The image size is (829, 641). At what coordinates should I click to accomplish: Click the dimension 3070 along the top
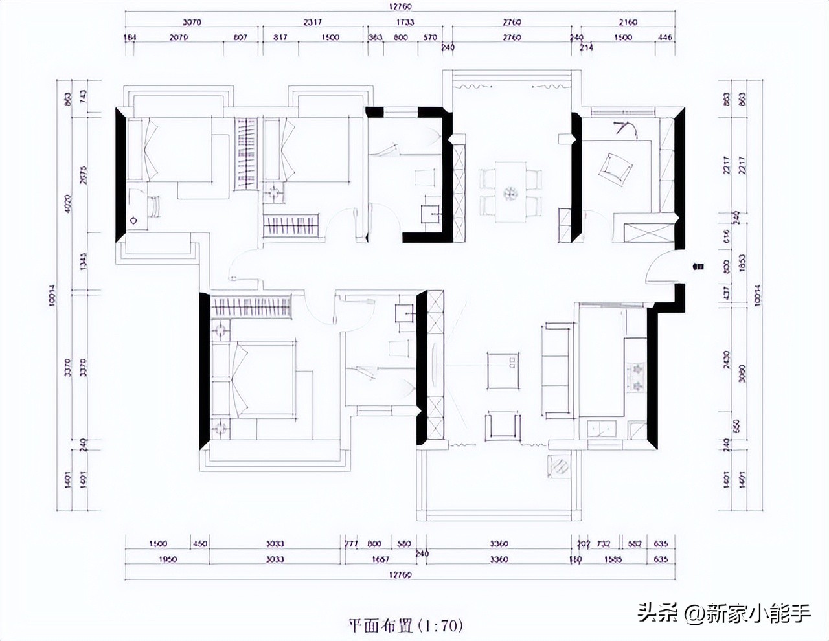coord(192,22)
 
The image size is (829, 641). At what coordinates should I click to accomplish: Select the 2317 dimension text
coord(313,22)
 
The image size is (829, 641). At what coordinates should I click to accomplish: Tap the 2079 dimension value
coord(179,38)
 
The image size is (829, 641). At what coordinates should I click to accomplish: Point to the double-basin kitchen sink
coord(602,428)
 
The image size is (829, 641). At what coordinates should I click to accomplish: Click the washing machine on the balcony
coord(560,465)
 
